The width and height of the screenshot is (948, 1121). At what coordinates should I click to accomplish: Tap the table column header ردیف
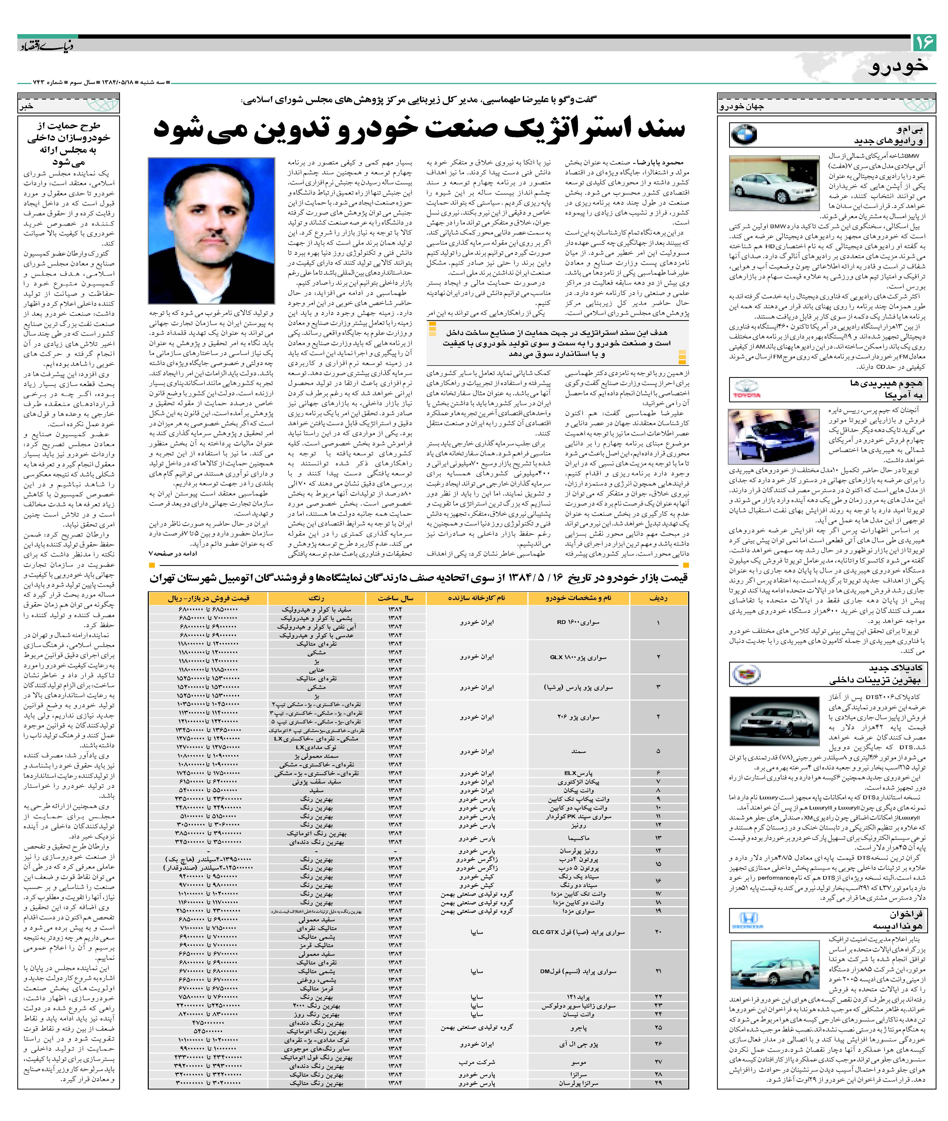(658, 598)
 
